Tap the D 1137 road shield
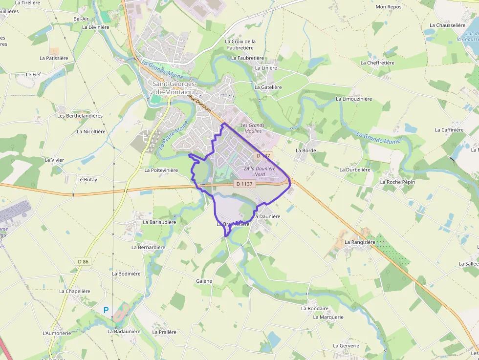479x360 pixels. [x=245, y=184]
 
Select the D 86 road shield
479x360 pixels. [x=83, y=262]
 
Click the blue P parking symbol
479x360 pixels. [x=106, y=310]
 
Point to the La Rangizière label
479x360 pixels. [x=360, y=242]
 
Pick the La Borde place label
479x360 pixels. [x=305, y=150]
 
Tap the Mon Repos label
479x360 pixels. [x=388, y=7]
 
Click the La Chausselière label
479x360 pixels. [x=447, y=25]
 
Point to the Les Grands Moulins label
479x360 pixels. [x=252, y=128]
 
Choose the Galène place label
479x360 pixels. [x=204, y=281]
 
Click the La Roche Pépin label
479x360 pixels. [x=397, y=182]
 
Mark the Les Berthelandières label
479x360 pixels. [x=80, y=116]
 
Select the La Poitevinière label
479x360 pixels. [x=161, y=170]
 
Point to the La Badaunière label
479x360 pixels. [x=124, y=331]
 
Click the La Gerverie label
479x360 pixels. [x=346, y=346]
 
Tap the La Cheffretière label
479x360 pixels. [x=377, y=63]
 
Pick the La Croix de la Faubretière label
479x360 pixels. [x=240, y=44]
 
